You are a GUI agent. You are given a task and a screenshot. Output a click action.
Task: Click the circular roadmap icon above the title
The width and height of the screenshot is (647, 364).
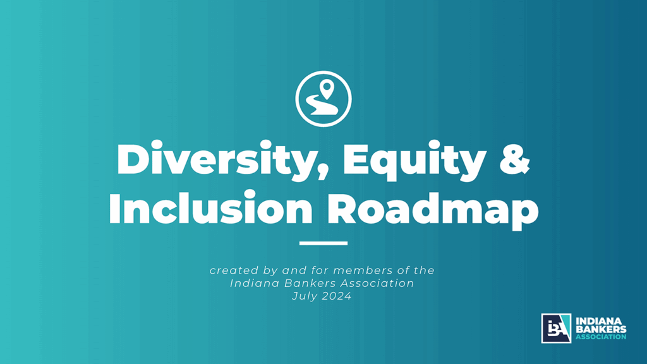click(x=323, y=99)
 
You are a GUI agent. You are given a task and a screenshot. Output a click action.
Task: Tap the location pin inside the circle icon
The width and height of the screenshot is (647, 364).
click(x=327, y=89)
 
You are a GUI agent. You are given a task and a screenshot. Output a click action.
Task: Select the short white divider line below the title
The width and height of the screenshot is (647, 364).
click(x=323, y=243)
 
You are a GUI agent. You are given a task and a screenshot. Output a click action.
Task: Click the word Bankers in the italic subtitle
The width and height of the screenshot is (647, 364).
click(x=308, y=283)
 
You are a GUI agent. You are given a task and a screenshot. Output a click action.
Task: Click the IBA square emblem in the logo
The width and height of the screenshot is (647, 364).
click(x=556, y=329)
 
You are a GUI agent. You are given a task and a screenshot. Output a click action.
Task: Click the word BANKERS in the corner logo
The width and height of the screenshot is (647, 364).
click(x=600, y=329)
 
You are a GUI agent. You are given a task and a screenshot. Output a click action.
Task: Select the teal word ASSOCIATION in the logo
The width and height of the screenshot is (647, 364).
click(x=600, y=337)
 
